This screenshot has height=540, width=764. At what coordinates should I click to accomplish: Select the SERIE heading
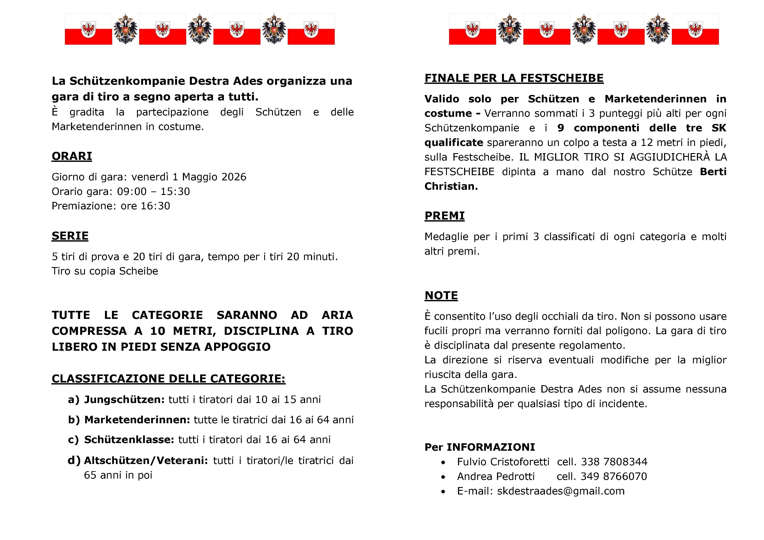70,236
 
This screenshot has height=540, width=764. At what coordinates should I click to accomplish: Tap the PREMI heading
445,216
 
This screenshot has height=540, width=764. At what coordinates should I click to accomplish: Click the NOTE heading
441,295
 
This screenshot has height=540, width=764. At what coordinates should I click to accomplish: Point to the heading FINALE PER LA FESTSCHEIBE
514,78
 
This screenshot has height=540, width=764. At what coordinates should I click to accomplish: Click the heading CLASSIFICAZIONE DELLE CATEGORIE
168,379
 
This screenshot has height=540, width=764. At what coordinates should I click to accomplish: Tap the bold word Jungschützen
124,399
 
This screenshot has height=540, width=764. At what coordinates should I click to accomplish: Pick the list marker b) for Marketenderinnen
74,420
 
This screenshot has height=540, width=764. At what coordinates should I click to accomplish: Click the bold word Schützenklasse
129,440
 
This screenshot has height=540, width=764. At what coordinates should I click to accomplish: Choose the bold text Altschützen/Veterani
146,460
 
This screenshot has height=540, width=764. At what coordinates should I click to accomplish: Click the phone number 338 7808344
614,462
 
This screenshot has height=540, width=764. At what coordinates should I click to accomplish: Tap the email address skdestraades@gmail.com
561,491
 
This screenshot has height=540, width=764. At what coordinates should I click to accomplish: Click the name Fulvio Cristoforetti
503,462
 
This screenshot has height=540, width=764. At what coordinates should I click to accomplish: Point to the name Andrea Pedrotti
496,476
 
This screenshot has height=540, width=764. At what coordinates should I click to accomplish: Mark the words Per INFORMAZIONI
480,447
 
